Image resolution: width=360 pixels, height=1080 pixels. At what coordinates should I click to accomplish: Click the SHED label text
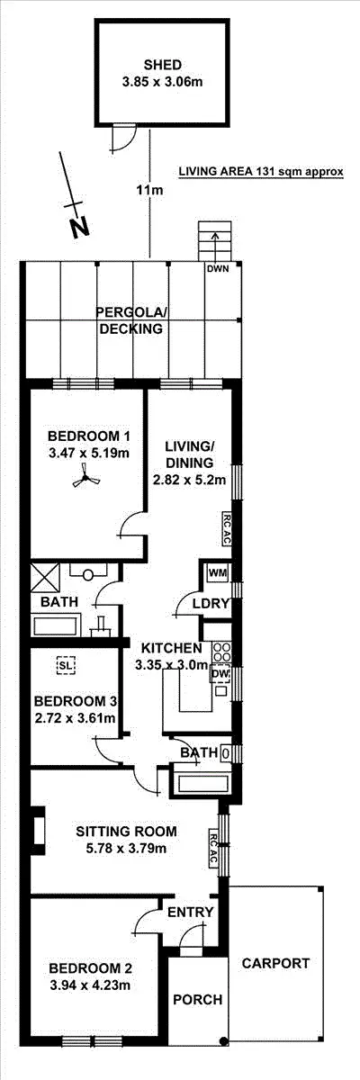[163, 65]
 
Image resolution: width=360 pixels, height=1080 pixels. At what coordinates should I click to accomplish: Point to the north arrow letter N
[80, 228]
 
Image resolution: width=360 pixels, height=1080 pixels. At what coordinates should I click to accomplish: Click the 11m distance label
[149, 191]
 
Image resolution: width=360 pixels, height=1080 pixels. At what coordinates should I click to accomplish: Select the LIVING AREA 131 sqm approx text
[261, 171]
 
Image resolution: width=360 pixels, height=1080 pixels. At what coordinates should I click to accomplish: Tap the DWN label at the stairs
[217, 268]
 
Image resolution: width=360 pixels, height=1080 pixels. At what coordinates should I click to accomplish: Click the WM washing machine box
[217, 572]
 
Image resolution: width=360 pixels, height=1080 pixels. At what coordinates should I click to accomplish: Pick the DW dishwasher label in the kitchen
[220, 673]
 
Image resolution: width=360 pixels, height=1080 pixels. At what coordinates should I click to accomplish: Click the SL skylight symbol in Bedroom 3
[65, 666]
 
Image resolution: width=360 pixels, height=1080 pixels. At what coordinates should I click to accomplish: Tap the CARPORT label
[275, 963]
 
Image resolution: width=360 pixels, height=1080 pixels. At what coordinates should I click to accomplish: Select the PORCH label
[197, 999]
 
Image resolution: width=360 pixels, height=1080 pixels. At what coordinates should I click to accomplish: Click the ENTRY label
[191, 912]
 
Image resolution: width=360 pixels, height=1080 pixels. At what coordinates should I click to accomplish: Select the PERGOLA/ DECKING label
[131, 320]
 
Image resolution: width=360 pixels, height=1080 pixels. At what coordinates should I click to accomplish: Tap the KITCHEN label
[165, 648]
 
